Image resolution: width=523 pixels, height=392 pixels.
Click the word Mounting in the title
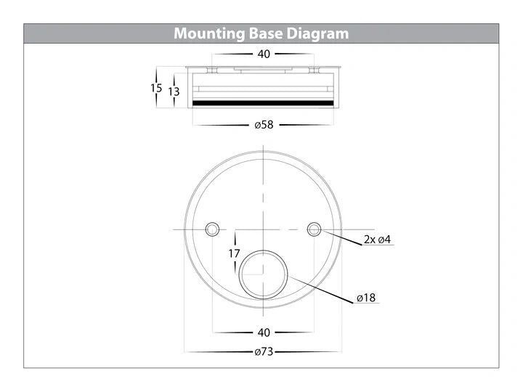pos(209,34)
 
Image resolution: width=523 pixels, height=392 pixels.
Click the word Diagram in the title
pos(317,34)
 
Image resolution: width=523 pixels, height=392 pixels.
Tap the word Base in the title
pos(266,33)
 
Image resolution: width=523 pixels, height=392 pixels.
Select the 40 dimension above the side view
pos(264,54)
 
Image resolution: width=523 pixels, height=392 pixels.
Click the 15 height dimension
pos(156,88)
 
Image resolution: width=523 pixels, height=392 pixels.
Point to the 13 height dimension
pos(174,91)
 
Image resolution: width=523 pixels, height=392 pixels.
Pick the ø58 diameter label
pos(264,125)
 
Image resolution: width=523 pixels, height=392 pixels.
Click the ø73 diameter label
pos(264,351)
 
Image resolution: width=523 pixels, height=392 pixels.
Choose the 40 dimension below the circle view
pos(264,332)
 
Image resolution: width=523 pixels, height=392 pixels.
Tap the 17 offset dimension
pos(234,253)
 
